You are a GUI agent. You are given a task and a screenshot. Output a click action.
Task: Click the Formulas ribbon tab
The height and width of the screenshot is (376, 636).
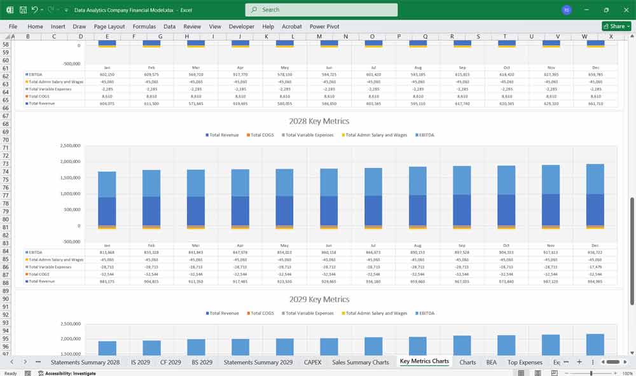[144, 27]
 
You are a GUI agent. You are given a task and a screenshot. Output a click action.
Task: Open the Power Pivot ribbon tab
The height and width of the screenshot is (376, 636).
[324, 27]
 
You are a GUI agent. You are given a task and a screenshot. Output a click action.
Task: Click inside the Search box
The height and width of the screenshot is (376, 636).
[321, 10]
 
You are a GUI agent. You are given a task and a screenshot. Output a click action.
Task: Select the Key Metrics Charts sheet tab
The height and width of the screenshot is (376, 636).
[424, 361]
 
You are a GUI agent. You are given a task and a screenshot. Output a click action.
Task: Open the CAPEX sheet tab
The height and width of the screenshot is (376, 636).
[312, 362]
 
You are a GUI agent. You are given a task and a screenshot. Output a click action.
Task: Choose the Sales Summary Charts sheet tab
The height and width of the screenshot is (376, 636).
[360, 362]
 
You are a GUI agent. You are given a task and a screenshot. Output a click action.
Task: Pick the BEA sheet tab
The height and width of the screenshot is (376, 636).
[491, 362]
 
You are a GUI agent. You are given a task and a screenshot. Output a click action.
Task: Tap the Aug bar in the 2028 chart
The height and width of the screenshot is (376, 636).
[417, 197]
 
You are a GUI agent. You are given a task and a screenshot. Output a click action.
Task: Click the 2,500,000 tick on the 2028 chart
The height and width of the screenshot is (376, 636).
[69, 146]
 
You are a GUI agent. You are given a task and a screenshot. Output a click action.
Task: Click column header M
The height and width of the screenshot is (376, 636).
[319, 36]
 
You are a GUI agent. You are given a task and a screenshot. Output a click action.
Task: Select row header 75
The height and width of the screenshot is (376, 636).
[6, 179]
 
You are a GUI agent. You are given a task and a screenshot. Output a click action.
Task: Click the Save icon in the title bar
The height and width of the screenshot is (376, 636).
[23, 10]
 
